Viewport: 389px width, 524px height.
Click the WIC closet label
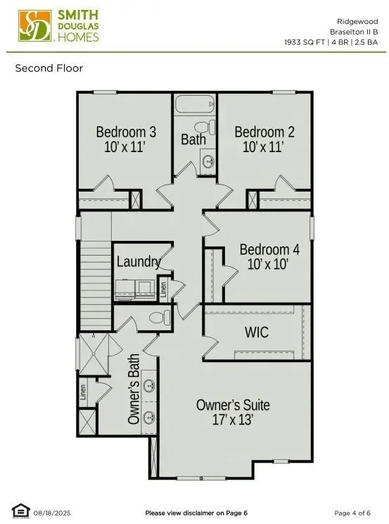coord(256,331)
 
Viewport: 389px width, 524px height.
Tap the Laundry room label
coord(139,261)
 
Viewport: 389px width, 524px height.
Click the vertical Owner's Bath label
coord(134,389)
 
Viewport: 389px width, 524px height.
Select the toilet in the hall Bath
coord(202,127)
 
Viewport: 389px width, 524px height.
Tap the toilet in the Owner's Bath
coord(160,318)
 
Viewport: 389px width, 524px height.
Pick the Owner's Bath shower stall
coord(93,354)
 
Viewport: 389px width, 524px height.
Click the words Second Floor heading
coord(49,68)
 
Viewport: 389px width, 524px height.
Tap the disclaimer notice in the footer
coord(196,513)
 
